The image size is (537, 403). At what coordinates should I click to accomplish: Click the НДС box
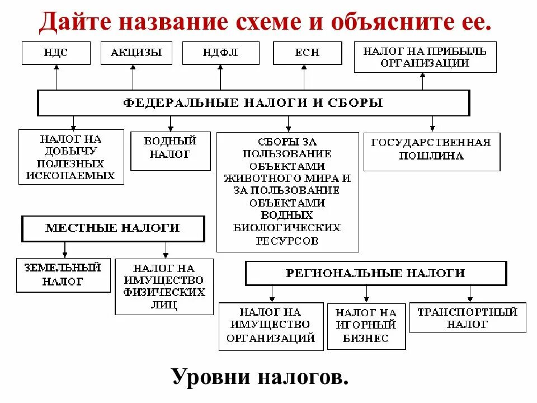(x=56, y=53)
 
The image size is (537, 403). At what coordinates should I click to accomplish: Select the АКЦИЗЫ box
(x=136, y=53)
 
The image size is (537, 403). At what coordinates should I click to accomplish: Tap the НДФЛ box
(x=220, y=53)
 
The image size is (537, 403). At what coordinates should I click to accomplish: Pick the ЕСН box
(x=307, y=53)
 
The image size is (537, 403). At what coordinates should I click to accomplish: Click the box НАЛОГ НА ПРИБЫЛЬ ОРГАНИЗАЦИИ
(x=425, y=57)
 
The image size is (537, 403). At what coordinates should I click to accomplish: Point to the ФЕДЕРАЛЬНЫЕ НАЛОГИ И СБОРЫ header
(x=253, y=103)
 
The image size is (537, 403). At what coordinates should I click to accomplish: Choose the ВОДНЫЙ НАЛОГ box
(x=170, y=151)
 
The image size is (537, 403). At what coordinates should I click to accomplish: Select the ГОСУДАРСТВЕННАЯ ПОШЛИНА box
(x=431, y=151)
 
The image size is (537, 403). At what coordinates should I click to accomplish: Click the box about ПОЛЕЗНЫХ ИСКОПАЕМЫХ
(x=70, y=157)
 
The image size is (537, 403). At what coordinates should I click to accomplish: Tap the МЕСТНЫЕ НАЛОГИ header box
(x=112, y=228)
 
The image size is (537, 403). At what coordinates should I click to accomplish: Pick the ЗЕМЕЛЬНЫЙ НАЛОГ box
(x=63, y=275)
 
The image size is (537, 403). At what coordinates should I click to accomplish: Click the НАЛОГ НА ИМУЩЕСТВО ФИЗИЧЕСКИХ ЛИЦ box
(x=164, y=286)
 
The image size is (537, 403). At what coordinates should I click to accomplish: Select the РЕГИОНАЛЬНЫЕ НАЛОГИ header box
(x=375, y=273)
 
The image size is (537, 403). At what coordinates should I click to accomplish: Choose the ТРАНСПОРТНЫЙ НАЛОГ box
(x=467, y=317)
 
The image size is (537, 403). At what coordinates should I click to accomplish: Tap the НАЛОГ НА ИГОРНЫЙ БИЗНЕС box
(x=366, y=326)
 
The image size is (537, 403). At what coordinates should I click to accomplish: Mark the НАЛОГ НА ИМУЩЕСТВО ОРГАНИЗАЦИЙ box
(x=271, y=326)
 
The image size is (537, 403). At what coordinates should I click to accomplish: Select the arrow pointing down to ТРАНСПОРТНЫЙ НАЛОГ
(x=470, y=293)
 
